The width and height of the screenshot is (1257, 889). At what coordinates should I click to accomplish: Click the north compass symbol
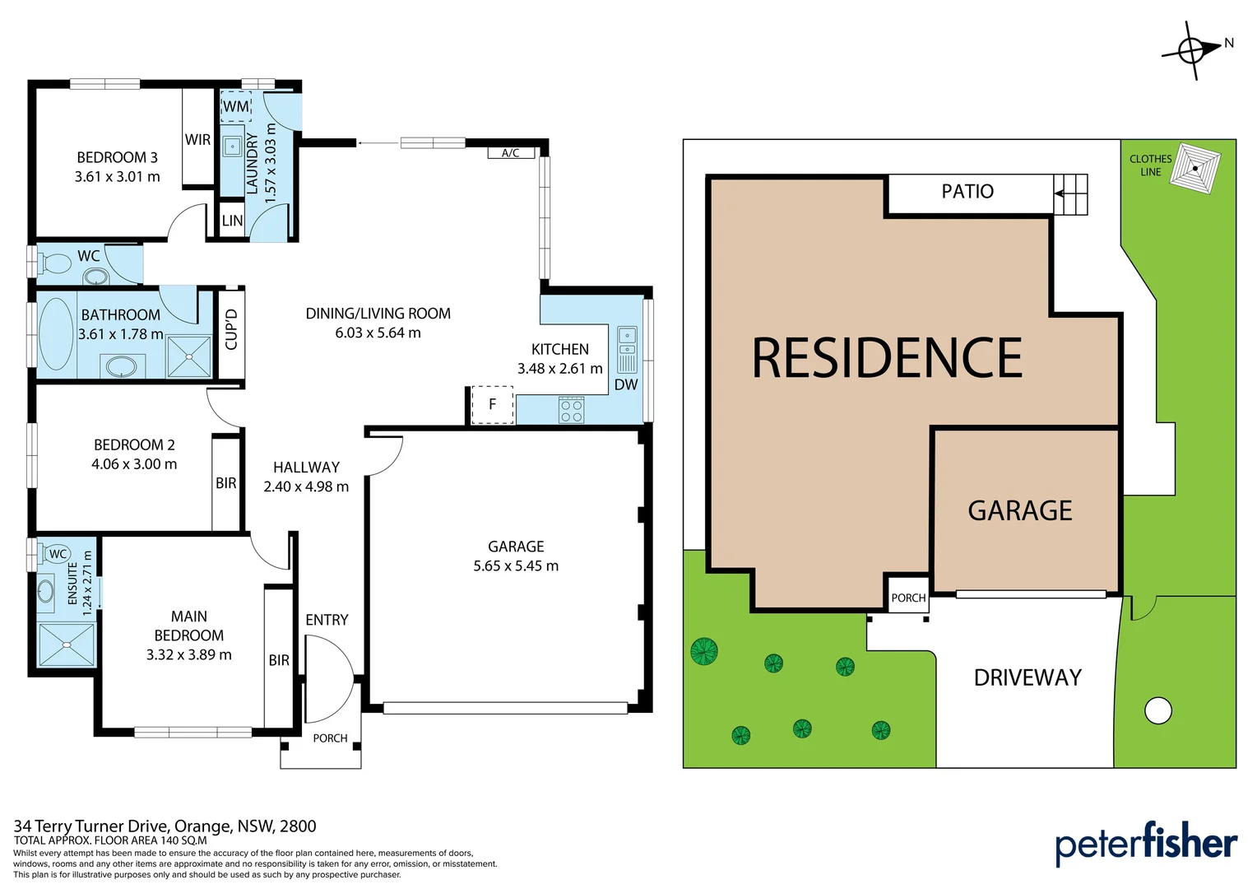(x=1192, y=49)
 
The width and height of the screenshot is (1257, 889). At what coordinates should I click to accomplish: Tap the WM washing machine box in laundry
(x=236, y=106)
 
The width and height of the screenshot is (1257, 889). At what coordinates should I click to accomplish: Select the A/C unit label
(x=510, y=153)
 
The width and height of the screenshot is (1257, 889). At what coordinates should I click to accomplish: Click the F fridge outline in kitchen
(x=492, y=404)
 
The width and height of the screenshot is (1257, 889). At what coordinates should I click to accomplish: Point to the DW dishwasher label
(x=626, y=384)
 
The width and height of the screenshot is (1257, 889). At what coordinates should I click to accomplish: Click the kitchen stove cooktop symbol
(x=571, y=410)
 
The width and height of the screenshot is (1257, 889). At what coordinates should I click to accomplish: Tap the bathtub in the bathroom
(x=56, y=334)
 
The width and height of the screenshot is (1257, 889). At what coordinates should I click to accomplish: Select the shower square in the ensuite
(x=67, y=645)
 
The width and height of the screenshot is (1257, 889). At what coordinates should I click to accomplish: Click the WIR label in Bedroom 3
(x=197, y=140)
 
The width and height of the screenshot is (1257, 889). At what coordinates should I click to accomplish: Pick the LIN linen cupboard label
(x=232, y=221)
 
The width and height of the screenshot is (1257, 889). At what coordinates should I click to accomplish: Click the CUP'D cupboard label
(x=231, y=330)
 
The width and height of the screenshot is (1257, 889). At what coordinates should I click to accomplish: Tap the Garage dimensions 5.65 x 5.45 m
(x=516, y=566)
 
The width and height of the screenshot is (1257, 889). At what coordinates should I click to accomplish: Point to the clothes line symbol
(x=1195, y=169)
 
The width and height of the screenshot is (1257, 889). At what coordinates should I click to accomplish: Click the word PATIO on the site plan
(x=967, y=192)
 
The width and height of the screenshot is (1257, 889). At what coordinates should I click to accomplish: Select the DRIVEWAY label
(x=1027, y=678)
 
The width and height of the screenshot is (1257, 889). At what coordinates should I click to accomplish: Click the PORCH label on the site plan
(x=908, y=598)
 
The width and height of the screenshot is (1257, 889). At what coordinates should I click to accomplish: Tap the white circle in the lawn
(x=1157, y=710)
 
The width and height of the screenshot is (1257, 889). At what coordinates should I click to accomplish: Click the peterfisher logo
(x=1146, y=844)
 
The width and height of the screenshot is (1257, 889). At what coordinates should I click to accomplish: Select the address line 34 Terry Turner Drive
(x=165, y=826)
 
